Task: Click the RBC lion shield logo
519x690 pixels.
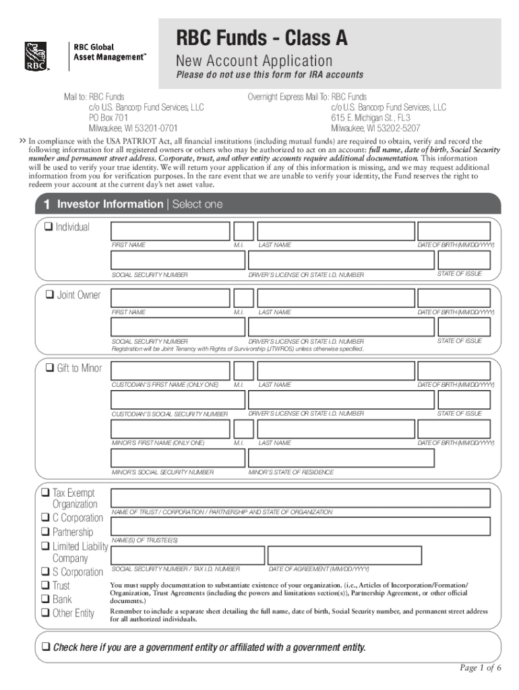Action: pos(34,57)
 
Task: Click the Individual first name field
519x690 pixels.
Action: pos(170,231)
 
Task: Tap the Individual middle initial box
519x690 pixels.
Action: pos(243,231)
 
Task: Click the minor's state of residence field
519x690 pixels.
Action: pos(341,458)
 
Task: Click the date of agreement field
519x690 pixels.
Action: pos(344,555)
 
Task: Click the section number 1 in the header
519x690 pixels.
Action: pos(46,204)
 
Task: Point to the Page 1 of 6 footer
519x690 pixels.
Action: pos(480,668)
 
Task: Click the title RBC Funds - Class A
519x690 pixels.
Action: pos(262,38)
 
